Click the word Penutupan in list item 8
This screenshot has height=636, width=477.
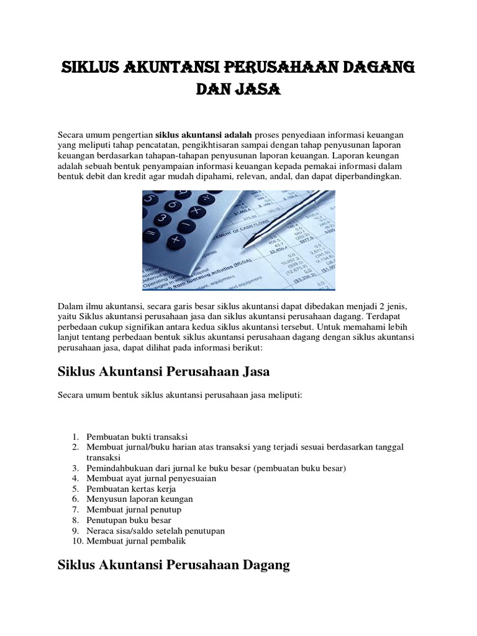click(x=106, y=520)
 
